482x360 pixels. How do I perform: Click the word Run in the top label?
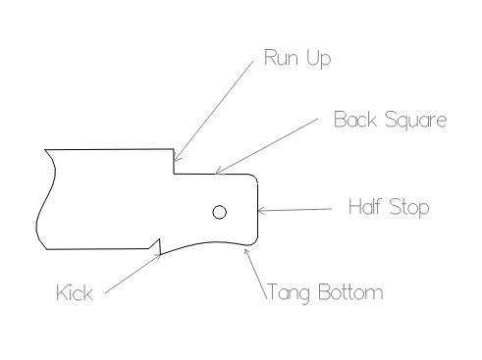tap(281, 58)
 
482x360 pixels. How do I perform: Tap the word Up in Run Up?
tap(319, 59)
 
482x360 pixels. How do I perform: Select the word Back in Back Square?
tap(355, 119)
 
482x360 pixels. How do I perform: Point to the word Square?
tap(416, 120)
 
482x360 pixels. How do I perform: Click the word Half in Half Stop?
tap(365, 206)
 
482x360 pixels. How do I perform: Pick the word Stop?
tap(409, 208)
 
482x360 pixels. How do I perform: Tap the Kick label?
tap(75, 292)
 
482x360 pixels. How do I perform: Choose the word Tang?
tap(289, 292)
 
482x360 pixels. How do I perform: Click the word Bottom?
tap(350, 292)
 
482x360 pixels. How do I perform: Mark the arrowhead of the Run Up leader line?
tap(176, 158)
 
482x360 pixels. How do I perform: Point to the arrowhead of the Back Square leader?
tap(219, 171)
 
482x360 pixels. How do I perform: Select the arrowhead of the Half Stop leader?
tap(261, 210)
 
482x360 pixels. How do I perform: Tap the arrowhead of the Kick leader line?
tap(157, 256)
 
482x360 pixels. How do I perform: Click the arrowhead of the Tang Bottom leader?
tap(246, 252)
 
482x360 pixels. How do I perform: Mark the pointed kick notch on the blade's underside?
tap(159, 242)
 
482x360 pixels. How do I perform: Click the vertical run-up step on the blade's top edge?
tap(174, 162)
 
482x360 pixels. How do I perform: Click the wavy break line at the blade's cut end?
tap(44, 199)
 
